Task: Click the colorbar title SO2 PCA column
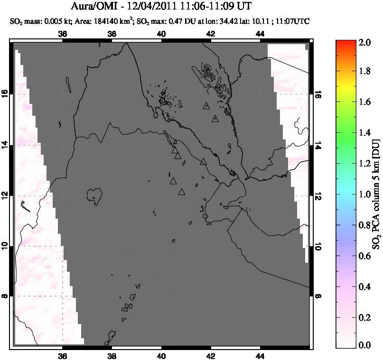[x=375, y=194]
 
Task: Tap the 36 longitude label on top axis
[x=63, y=34]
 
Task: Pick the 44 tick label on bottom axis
[x=260, y=356]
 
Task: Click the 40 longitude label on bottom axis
[x=161, y=356]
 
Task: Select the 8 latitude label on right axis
[x=317, y=296]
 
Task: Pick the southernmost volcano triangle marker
[x=181, y=192]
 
